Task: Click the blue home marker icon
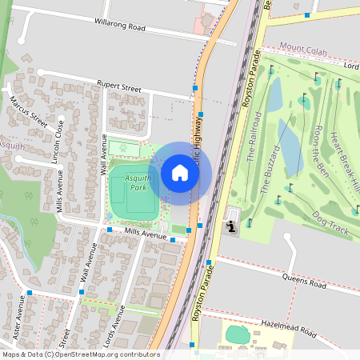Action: click(180, 173)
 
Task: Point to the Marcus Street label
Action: click(29, 112)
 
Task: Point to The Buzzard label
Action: click(270, 170)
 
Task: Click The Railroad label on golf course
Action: click(254, 138)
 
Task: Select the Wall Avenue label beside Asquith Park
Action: click(102, 154)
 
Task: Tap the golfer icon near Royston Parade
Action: click(232, 226)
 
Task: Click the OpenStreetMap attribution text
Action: click(81, 354)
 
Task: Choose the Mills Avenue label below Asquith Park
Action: click(145, 234)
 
